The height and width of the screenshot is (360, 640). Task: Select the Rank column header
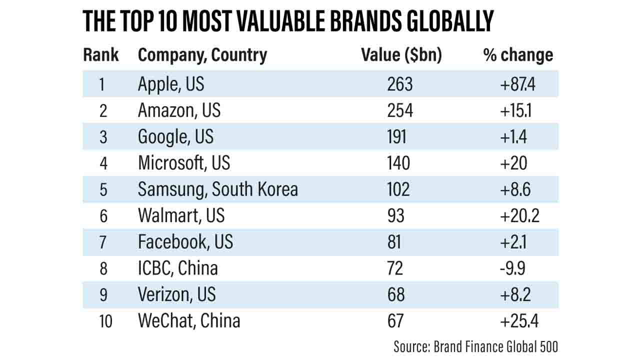(x=101, y=55)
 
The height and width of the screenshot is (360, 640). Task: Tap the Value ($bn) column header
(x=401, y=55)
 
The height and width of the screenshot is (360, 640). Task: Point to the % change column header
(x=518, y=55)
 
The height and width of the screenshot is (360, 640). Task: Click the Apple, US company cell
(x=171, y=84)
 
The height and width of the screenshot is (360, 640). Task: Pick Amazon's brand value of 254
(x=400, y=110)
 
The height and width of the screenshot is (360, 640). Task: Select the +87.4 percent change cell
(x=517, y=84)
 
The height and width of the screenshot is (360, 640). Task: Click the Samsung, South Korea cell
(x=218, y=189)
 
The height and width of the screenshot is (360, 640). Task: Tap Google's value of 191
(x=397, y=136)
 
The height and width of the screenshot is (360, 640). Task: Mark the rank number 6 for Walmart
(x=103, y=215)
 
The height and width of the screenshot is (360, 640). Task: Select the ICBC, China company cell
(x=178, y=268)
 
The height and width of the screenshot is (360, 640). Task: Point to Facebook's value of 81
(x=394, y=241)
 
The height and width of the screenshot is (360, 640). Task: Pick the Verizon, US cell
(x=177, y=294)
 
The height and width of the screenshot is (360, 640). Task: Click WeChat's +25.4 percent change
(x=519, y=320)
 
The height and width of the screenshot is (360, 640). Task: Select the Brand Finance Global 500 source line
(x=475, y=346)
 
